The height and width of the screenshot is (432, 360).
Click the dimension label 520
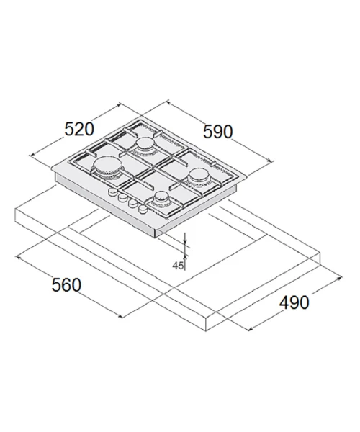(x=79, y=129)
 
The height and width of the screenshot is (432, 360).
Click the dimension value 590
(x=217, y=132)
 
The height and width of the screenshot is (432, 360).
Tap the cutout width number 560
(x=66, y=285)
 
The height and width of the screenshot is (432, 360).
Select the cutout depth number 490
(x=294, y=302)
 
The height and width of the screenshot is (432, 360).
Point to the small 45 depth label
(x=178, y=266)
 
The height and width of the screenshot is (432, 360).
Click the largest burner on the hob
(x=108, y=167)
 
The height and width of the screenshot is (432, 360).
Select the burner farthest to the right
(x=198, y=176)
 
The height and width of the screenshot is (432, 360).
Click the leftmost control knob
(x=112, y=192)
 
